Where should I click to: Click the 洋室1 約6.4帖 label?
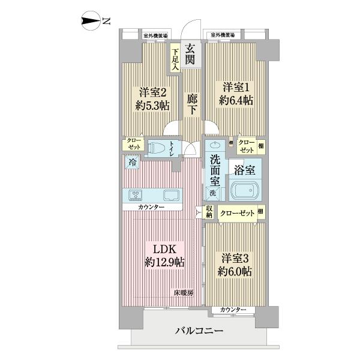pos(235,93)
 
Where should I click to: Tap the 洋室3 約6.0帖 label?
pos(235,263)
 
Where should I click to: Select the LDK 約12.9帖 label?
pos(164,256)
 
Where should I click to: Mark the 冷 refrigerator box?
pos(131,161)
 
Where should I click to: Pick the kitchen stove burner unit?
pos(135,195)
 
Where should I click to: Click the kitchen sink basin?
pos(169,195)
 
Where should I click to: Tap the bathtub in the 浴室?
pos(246,191)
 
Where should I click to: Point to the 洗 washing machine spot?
pos(212,193)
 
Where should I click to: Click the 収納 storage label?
pos(209,212)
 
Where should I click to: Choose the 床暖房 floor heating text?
pos(184,293)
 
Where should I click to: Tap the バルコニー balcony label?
pos(200,331)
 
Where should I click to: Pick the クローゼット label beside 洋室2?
pos(133,144)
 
